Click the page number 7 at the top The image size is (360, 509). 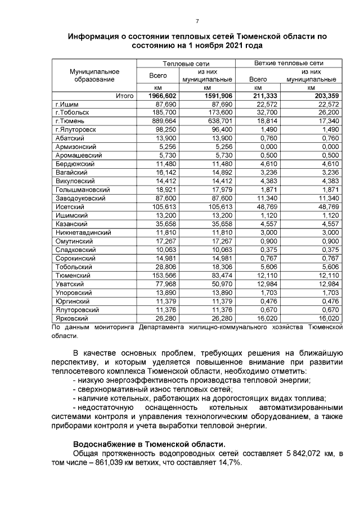(x=197, y=21)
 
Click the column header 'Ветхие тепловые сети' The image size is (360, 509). (x=289, y=64)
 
